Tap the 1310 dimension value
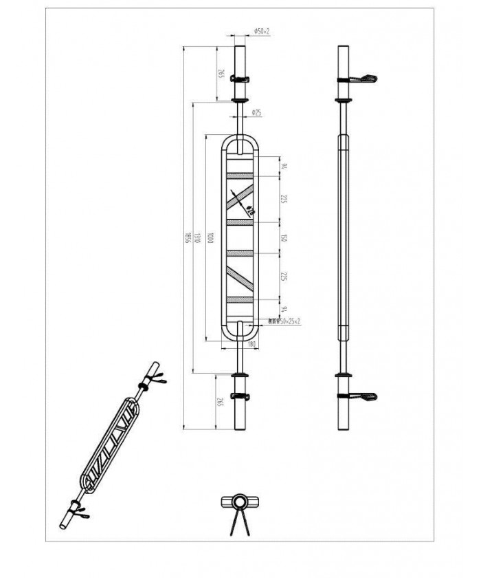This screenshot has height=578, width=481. pos(197,237)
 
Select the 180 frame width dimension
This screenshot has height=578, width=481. pos(251,343)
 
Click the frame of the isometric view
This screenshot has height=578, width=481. pos(110,440)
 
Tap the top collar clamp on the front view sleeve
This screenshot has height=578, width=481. pos(240,78)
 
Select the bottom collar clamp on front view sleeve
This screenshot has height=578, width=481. pos(240,396)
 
